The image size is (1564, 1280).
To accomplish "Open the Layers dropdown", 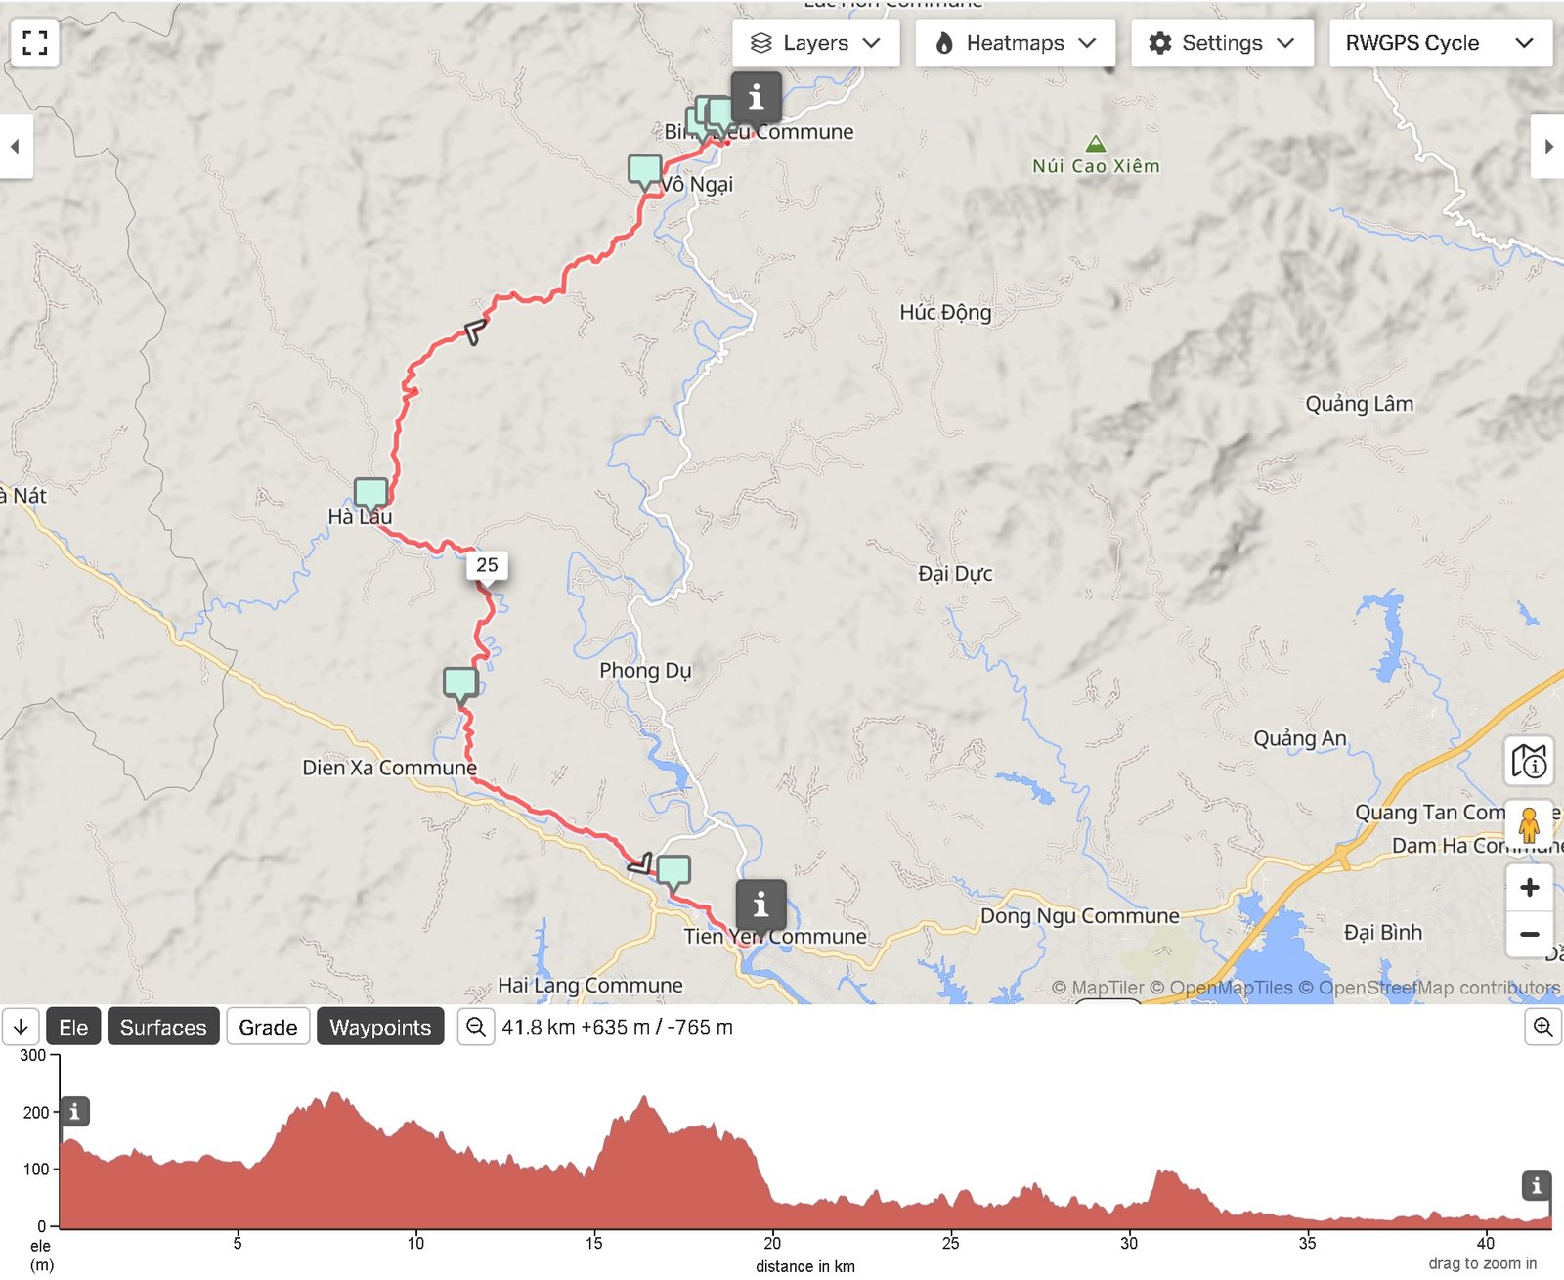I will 815,43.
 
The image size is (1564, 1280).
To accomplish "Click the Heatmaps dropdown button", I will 1015,43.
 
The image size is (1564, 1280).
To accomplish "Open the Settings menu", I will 1222,43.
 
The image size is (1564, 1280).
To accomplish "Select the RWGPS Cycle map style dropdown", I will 1439,43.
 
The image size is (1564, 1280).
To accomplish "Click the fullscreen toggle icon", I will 35,43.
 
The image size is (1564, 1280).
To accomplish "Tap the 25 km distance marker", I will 487,565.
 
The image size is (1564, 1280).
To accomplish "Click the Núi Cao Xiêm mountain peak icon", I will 1096,144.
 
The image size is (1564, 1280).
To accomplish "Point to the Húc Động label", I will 945,312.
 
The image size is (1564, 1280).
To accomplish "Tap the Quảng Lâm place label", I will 1359,404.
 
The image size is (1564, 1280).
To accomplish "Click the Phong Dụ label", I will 645,670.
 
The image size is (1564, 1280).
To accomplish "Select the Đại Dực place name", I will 955,574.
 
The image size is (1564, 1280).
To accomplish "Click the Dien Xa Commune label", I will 389,768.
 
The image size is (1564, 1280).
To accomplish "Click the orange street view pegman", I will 1529,824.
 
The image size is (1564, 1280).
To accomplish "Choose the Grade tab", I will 268,1027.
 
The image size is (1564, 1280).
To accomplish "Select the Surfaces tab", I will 163,1027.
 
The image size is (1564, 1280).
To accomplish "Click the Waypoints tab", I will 380,1027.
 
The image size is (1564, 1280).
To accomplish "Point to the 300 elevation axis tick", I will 33,1055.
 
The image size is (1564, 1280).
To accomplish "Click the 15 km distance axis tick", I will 594,1243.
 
